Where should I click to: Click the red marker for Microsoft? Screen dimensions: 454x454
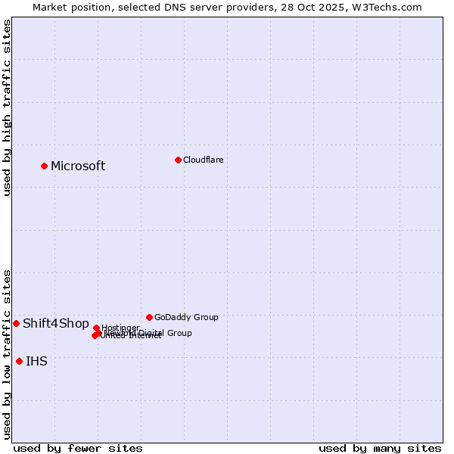tap(44, 166)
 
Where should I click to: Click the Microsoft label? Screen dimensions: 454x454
tap(78, 166)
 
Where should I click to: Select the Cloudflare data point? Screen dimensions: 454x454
tap(178, 160)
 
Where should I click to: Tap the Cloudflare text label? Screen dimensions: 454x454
tap(203, 160)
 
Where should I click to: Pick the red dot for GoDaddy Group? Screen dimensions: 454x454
tap(149, 317)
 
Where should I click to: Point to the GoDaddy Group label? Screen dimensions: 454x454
tap(186, 318)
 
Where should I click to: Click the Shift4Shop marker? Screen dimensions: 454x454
tap(16, 323)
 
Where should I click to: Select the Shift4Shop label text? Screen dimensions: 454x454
tap(56, 324)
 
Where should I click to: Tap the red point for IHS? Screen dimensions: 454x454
tap(19, 361)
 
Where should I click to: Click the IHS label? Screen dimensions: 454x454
tap(36, 362)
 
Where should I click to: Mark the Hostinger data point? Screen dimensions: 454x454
tap(96, 328)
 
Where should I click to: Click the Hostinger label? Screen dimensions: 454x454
tap(120, 328)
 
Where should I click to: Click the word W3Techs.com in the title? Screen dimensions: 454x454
tap(390, 7)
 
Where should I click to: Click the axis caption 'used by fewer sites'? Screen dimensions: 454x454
tap(78, 448)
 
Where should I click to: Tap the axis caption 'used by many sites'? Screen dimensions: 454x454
tap(380, 448)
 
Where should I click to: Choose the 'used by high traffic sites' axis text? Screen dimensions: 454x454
tap(7, 107)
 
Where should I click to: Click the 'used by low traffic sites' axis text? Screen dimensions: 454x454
tap(7, 353)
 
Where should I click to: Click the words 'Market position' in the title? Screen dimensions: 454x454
tap(67, 7)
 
